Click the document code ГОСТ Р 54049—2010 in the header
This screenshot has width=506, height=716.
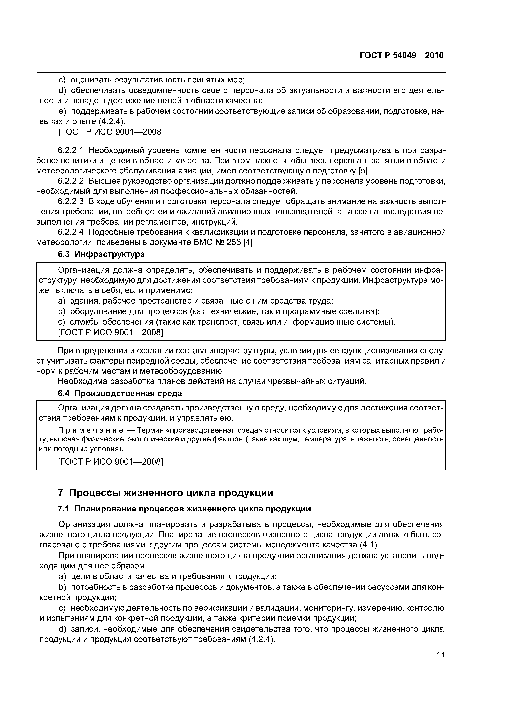401,56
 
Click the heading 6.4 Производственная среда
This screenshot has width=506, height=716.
120,394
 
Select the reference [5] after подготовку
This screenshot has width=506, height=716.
364,171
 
